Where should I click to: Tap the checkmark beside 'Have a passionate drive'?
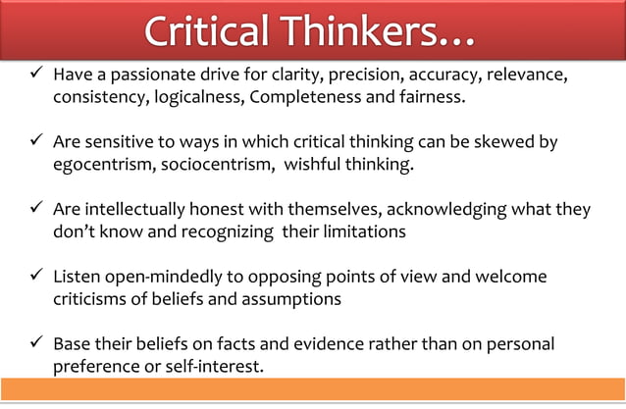tap(34, 76)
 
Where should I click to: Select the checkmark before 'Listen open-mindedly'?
tap(34, 278)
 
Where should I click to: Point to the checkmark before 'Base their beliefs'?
tap(34, 345)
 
